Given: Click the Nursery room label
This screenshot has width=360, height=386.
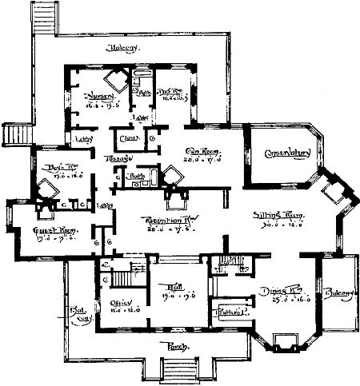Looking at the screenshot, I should coord(100,95).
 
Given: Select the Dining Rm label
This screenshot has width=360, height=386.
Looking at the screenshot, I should coord(275,292).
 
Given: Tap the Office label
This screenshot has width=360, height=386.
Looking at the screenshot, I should coord(120,303).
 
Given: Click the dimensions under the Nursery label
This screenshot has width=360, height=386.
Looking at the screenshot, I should coord(100,104).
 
